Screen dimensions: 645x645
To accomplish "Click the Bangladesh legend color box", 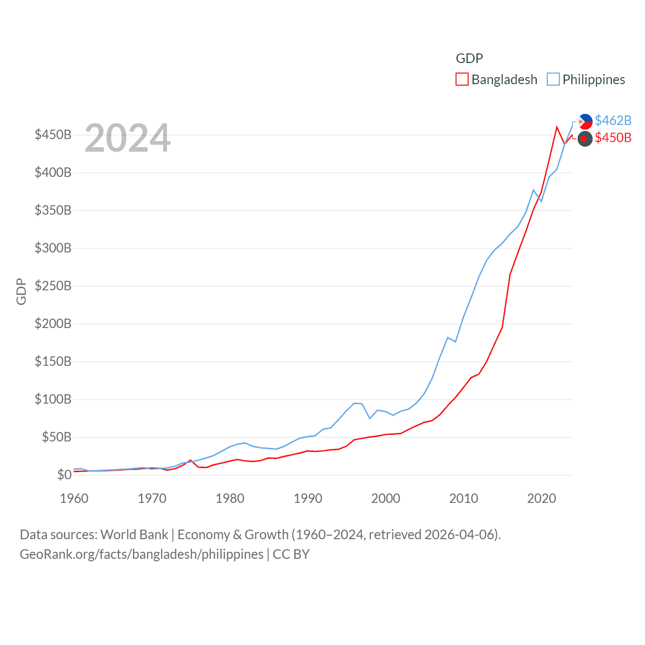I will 462,80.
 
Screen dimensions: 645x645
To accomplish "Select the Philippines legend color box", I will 553,80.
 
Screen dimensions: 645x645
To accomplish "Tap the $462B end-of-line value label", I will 613,120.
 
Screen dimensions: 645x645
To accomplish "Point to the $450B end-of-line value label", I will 613,138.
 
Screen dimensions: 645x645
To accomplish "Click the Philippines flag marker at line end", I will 585,121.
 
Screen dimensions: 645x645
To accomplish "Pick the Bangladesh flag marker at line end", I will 585,139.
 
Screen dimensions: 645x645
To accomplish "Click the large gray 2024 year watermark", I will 127,138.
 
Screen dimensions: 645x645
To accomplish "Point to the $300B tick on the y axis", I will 53,248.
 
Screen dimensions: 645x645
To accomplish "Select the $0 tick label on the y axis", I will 64,475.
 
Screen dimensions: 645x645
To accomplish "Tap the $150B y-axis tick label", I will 53,361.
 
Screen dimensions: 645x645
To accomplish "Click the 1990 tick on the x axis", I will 308,498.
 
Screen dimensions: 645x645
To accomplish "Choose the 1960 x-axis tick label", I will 74,498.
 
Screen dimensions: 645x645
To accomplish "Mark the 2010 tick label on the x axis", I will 464,498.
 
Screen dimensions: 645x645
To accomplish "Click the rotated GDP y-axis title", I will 21,291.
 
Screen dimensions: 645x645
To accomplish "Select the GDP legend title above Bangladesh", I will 469,58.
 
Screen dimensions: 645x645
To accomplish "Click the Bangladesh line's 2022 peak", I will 557,127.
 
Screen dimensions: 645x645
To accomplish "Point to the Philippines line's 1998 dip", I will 370,418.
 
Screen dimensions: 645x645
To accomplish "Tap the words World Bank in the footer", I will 134,534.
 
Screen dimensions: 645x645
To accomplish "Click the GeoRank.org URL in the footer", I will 141,554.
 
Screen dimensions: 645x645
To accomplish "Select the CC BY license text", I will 291,554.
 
